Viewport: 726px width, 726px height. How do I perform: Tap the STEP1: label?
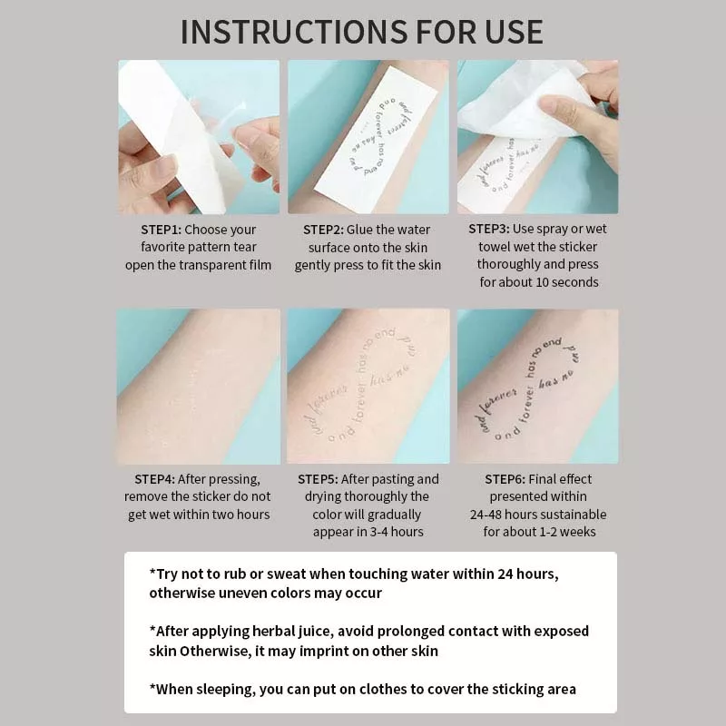[x=162, y=230]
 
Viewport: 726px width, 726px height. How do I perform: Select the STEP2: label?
[x=323, y=230]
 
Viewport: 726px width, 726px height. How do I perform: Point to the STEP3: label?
[x=489, y=229]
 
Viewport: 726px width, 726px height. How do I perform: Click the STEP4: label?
[x=154, y=479]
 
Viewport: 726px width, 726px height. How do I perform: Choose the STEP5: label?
[x=318, y=479]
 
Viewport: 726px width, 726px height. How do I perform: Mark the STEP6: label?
[x=505, y=479]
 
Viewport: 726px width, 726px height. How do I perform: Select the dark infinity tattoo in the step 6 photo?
[x=529, y=390]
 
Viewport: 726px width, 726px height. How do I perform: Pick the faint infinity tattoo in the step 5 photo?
[x=366, y=384]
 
